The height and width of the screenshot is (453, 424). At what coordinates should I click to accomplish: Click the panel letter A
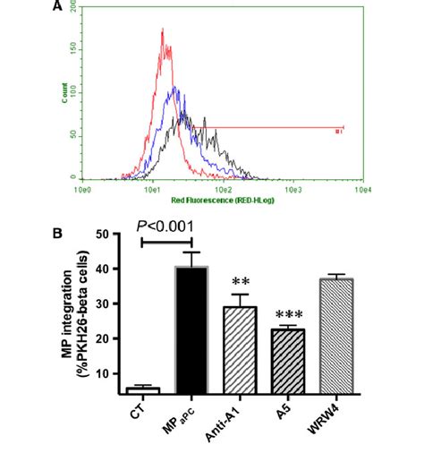coord(57,7)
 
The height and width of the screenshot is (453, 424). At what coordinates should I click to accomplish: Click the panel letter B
coord(57,234)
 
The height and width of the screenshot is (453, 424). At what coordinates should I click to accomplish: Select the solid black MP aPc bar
coord(192,329)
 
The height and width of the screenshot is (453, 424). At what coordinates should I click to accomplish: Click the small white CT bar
coord(143,390)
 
